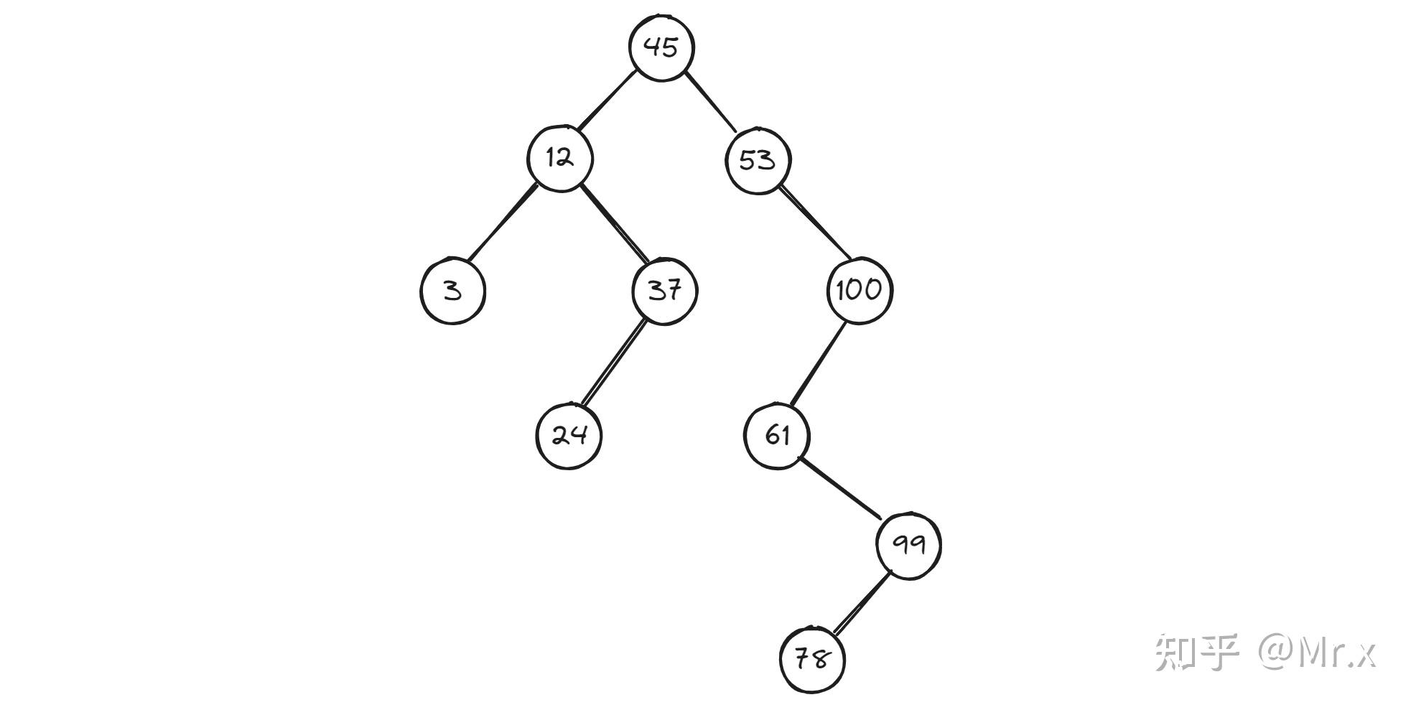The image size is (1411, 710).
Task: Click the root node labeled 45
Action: click(x=661, y=47)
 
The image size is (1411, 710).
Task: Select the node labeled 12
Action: click(x=560, y=159)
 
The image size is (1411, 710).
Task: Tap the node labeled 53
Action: click(x=757, y=160)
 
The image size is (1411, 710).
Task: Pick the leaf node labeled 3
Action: click(x=452, y=291)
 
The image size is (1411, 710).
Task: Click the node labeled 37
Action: click(x=664, y=291)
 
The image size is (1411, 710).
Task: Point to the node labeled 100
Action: click(x=859, y=291)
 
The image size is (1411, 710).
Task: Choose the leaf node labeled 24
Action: click(x=569, y=436)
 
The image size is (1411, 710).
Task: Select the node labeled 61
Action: click(x=777, y=436)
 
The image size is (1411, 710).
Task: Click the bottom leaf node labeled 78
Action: click(x=812, y=660)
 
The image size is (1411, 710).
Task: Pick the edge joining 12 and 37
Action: click(x=614, y=224)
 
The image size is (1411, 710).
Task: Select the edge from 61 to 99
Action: click(x=840, y=487)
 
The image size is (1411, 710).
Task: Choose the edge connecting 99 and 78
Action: click(x=860, y=603)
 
